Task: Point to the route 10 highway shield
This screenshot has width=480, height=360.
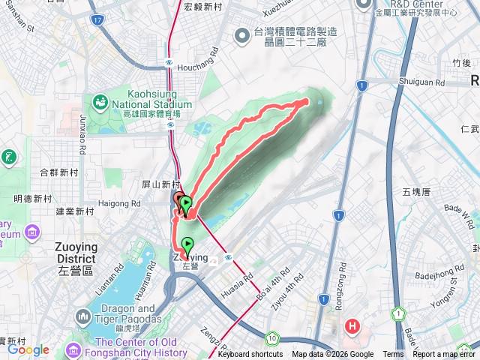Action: point(275,338)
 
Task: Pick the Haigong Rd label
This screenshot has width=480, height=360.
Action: point(121,203)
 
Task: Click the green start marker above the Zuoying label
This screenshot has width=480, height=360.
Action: point(187,244)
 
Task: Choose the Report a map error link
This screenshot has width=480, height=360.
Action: point(444,355)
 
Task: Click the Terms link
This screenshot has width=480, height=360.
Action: point(393,355)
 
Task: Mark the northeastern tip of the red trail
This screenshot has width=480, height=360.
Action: point(307,100)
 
